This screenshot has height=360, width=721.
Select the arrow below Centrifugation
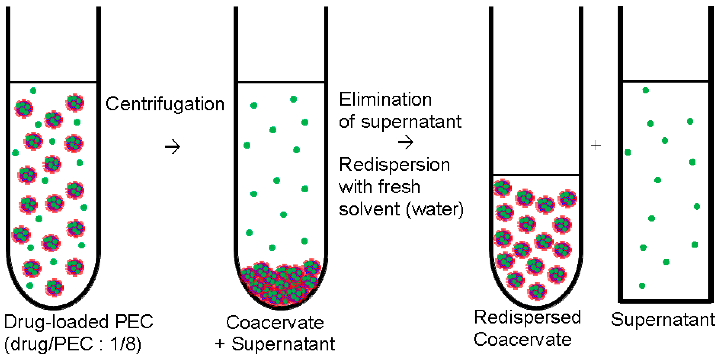(x=172, y=147)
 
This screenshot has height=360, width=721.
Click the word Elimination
(x=385, y=99)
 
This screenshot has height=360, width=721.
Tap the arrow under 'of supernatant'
(x=406, y=142)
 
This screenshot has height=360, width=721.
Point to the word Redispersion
(x=394, y=165)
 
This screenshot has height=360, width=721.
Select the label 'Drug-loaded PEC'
(x=79, y=322)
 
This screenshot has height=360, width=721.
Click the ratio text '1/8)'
(x=126, y=344)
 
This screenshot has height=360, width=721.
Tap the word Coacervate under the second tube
(x=275, y=323)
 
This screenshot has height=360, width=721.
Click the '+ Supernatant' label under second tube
(x=275, y=344)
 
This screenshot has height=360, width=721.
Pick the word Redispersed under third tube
(x=527, y=318)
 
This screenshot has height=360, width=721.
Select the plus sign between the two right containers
(x=596, y=145)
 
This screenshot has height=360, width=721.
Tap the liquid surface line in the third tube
(x=536, y=175)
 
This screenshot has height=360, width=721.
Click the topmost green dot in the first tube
(x=33, y=91)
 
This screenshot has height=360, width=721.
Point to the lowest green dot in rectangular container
(x=642, y=286)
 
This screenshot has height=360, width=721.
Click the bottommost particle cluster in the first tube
(x=54, y=287)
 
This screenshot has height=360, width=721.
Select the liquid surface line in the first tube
(x=53, y=82)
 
